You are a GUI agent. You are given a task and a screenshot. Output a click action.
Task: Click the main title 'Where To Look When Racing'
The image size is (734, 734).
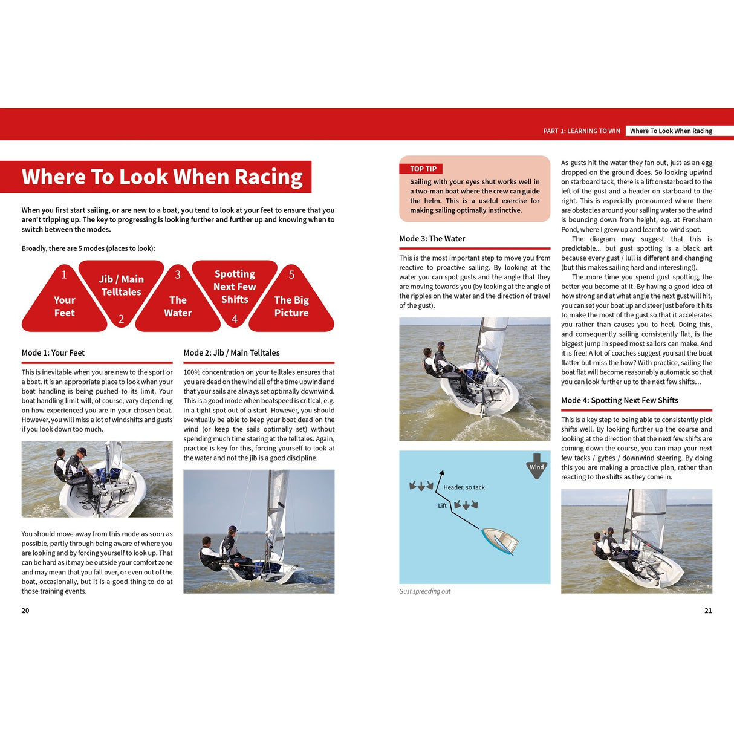(161, 177)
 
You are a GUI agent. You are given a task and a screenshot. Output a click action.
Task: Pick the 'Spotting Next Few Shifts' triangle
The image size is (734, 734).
(235, 287)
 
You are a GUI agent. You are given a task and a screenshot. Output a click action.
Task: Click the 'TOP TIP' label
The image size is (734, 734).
(423, 169)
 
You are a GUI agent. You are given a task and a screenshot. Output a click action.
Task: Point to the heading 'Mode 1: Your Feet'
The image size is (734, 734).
(53, 352)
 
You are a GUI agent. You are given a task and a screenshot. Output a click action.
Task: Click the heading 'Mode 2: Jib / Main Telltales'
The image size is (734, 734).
(232, 352)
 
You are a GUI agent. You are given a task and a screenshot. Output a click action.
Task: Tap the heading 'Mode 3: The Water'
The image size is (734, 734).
(432, 238)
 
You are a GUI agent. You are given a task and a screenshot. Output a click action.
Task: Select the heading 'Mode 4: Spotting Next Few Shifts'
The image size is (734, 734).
(619, 400)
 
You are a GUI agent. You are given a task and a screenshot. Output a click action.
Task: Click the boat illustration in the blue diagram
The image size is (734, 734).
(500, 540)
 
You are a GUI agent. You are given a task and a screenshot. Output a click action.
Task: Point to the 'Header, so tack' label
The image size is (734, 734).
(464, 487)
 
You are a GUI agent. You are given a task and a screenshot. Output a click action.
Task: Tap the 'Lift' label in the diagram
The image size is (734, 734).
(442, 505)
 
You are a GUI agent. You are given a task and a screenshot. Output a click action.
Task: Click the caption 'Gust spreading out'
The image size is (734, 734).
(424, 591)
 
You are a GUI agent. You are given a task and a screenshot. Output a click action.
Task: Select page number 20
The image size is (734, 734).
(25, 611)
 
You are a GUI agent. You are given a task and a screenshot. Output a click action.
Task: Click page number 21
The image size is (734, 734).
(708, 611)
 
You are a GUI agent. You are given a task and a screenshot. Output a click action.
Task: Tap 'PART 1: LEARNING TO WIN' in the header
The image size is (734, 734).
(581, 131)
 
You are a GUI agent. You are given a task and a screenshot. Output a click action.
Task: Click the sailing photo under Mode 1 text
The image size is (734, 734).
(97, 479)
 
